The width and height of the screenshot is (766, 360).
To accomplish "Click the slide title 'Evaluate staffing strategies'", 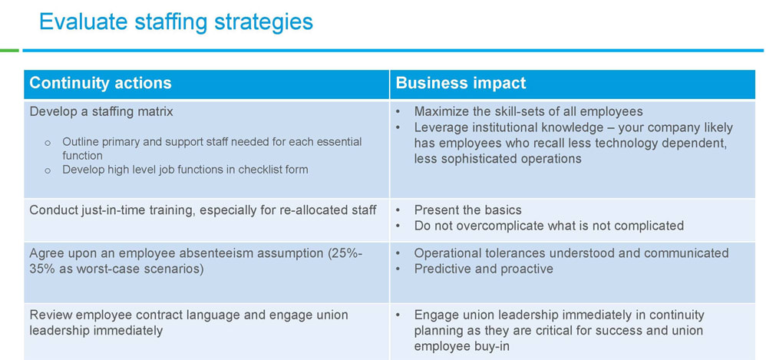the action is click(x=176, y=22).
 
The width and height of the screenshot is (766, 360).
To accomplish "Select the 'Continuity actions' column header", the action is click(x=101, y=83).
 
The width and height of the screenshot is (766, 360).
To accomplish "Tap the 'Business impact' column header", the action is click(x=461, y=83).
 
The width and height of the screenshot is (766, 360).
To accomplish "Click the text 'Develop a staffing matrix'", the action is click(x=101, y=111).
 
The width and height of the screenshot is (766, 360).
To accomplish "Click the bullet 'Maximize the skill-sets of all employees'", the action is click(x=529, y=111).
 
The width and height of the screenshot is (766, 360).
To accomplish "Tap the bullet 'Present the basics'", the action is click(x=468, y=210).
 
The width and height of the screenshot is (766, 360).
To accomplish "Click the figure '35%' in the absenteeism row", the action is click(x=41, y=269).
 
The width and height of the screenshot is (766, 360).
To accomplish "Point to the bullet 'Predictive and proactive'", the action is click(x=484, y=269).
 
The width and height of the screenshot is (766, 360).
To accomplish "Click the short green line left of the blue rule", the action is click(x=9, y=50).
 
